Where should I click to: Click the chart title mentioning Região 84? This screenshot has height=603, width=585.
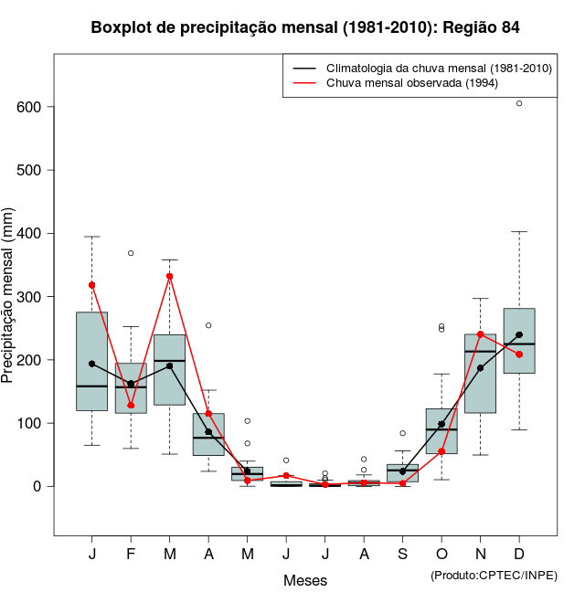pyautogui.click(x=305, y=27)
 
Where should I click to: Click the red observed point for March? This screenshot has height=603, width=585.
pyautogui.click(x=170, y=276)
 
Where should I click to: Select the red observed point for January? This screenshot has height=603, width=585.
pyautogui.click(x=91, y=285)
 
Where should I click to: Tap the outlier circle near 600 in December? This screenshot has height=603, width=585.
pyautogui.click(x=519, y=103)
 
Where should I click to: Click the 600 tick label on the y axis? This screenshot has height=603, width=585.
pyautogui.click(x=29, y=107)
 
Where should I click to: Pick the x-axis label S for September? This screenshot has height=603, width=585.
pyautogui.click(x=402, y=555)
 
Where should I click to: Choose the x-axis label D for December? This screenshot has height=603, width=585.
pyautogui.click(x=519, y=555)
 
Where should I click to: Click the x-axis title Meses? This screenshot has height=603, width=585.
pyautogui.click(x=305, y=580)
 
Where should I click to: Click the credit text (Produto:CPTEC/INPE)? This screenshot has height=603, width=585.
pyautogui.click(x=494, y=575)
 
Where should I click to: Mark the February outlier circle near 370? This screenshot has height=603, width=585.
pyautogui.click(x=131, y=253)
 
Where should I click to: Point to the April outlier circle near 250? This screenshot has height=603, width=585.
pyautogui.click(x=208, y=325)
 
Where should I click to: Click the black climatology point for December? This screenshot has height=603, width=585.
pyautogui.click(x=519, y=334)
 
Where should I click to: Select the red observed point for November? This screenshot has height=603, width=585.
pyautogui.click(x=481, y=334)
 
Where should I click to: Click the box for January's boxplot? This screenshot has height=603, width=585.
pyautogui.click(x=91, y=361)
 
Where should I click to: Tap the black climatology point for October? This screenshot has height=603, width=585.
pyautogui.click(x=441, y=424)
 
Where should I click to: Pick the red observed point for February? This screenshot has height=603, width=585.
pyautogui.click(x=131, y=406)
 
